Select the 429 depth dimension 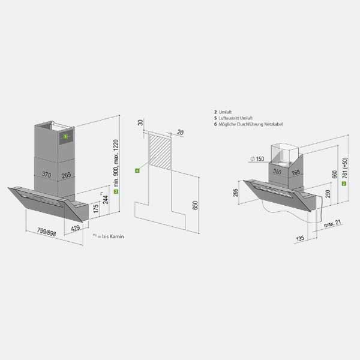tap(76, 229)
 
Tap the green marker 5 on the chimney tap(64, 136)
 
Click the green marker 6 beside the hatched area tap(137, 170)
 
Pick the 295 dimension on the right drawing tap(236, 193)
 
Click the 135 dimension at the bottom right tap(299, 239)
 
